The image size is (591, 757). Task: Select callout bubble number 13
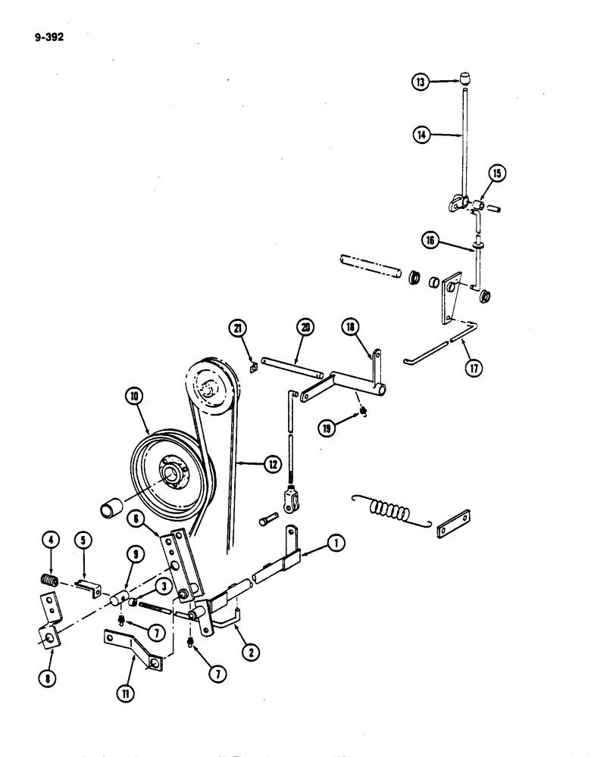(422, 83)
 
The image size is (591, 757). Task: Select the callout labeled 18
(373, 326)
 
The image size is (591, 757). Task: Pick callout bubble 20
(305, 327)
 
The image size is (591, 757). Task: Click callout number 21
(239, 327)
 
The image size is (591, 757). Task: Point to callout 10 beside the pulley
(135, 395)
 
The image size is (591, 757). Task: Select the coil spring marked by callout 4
(50, 581)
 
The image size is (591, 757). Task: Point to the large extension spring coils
(388, 512)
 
